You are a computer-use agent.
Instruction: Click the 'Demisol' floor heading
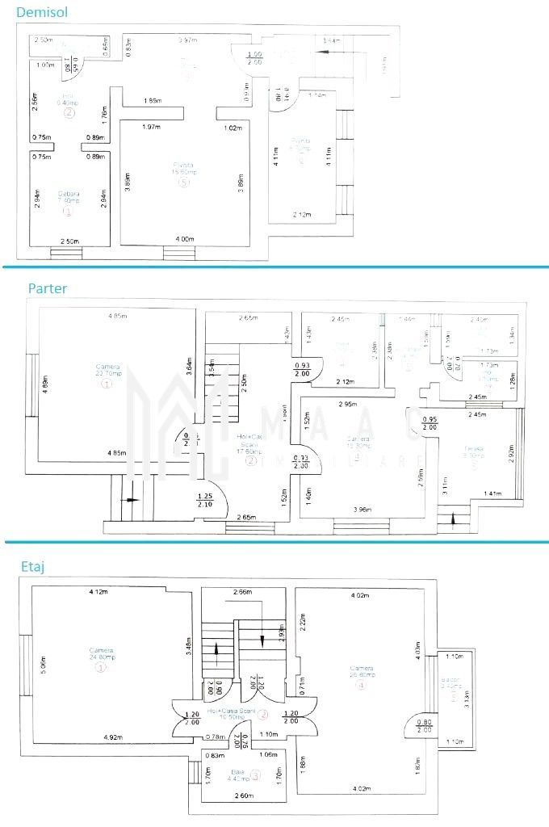click(40, 14)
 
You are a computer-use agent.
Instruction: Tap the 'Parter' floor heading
click(48, 288)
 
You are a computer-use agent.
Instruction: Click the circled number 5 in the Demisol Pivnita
click(184, 183)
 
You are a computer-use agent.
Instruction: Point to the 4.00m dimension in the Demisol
click(184, 239)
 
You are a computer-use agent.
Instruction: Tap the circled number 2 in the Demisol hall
click(69, 113)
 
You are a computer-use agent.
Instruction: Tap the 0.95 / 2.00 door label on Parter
click(431, 423)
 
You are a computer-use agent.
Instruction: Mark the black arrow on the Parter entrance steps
click(129, 500)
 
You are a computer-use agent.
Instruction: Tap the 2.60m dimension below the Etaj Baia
click(242, 796)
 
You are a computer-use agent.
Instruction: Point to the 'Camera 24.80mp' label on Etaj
click(102, 655)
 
